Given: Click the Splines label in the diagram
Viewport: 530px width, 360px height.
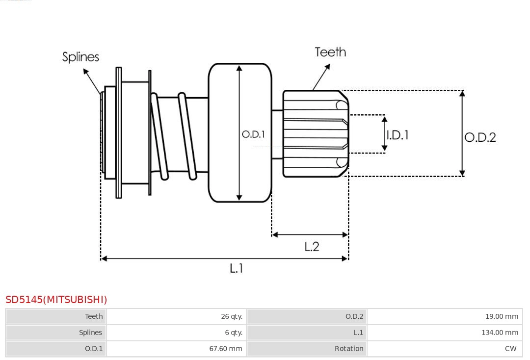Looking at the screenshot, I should click(x=80, y=57).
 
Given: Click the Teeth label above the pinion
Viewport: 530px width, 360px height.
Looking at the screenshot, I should click(x=330, y=52).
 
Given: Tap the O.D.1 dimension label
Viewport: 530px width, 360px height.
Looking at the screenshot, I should click(x=253, y=134).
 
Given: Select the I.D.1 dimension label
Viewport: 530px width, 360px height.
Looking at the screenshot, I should click(x=397, y=135).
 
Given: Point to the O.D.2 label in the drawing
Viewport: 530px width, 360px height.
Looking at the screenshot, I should click(x=480, y=137).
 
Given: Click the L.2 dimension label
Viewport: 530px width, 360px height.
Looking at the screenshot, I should click(x=312, y=247).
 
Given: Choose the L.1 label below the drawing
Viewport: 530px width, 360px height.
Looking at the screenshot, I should click(x=237, y=268).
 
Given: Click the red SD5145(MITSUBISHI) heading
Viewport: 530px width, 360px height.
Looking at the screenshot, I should click(x=56, y=299).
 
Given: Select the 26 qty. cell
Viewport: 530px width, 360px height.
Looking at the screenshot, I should click(x=232, y=316).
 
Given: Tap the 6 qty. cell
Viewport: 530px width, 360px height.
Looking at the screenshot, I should click(x=234, y=333).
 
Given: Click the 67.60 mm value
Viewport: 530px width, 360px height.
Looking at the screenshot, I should click(x=226, y=349).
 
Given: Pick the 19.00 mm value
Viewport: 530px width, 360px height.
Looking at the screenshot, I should click(x=502, y=316).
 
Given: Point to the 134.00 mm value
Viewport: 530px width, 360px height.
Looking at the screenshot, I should click(x=500, y=333).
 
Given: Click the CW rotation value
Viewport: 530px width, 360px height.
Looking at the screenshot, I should click(x=510, y=349).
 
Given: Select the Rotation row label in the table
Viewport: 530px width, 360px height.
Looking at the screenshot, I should click(x=349, y=349).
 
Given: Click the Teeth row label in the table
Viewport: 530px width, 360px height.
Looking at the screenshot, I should click(x=94, y=316).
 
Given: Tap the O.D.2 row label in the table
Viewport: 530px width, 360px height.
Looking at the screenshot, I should click(x=354, y=316).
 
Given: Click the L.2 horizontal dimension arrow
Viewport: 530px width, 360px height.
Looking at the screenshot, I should click(x=310, y=234).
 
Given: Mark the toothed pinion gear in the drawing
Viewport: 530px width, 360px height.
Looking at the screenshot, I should click(x=315, y=133).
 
